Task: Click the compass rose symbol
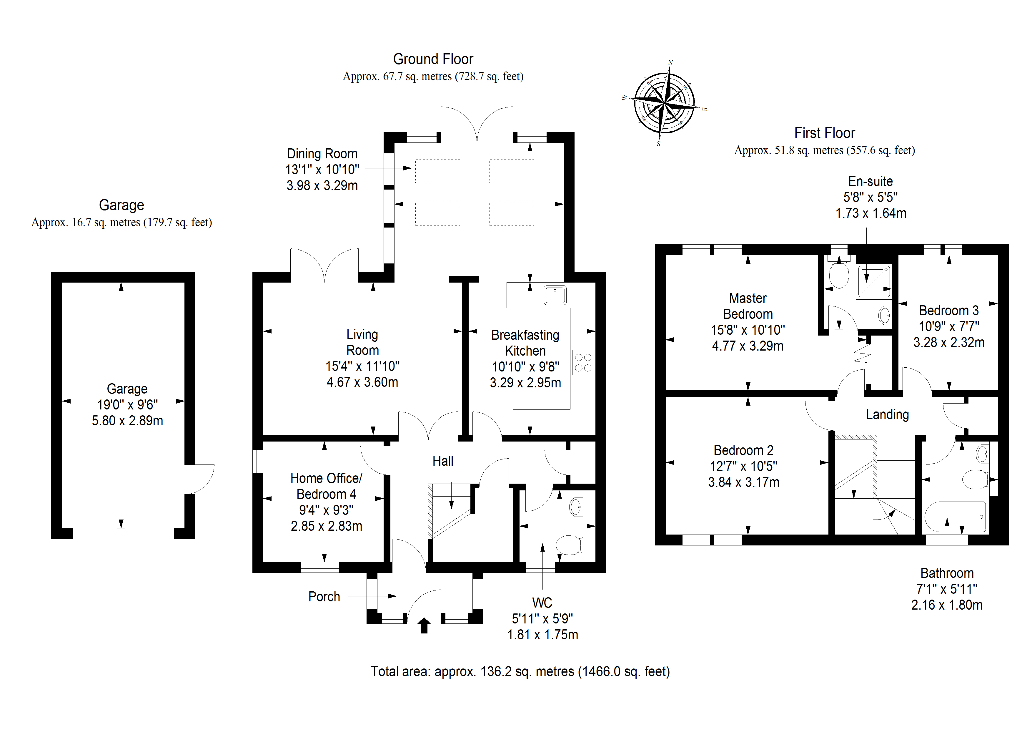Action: pyautogui.click(x=664, y=103)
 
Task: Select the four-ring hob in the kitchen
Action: pyautogui.click(x=583, y=363)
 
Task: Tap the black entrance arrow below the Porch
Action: pyautogui.click(x=424, y=625)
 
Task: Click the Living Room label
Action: pyautogui.click(x=362, y=342)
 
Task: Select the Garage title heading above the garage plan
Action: pyautogui.click(x=121, y=205)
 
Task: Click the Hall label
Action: pyautogui.click(x=443, y=461)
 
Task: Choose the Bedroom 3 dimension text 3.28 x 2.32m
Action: pyautogui.click(x=949, y=342)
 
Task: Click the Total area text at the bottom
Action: pyautogui.click(x=520, y=671)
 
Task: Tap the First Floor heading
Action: pyautogui.click(x=824, y=133)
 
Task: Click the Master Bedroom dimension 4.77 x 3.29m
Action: pyautogui.click(x=748, y=346)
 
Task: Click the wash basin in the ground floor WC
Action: pyautogui.click(x=575, y=507)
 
